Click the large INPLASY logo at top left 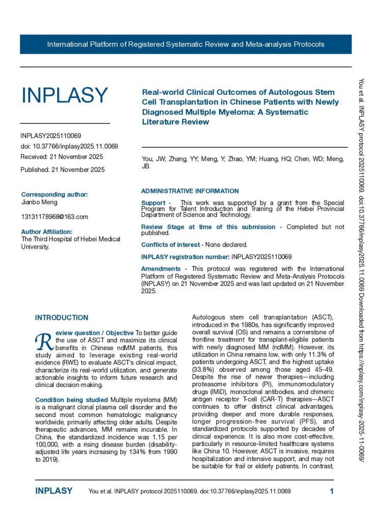pos(64,95)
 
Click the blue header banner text pos(186,44)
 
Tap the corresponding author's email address pos(55,217)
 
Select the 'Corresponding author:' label pos(55,194)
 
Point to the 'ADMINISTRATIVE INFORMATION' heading pos(190,191)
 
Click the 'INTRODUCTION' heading pos(62,318)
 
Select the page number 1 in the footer pos(332,491)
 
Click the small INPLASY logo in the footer pos(54,491)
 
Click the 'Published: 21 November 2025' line pos(63,169)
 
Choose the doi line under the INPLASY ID pos(69,146)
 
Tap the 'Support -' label pos(156,203)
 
